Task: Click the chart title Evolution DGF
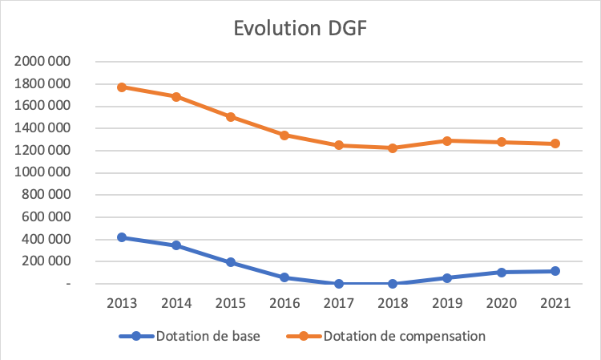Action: (300, 28)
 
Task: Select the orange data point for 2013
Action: (122, 87)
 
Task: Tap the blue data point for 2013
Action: (122, 237)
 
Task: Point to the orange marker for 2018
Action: (393, 148)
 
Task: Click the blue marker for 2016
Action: (284, 277)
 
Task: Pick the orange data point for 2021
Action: (555, 144)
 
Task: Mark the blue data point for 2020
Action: (501, 273)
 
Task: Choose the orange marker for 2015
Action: (230, 117)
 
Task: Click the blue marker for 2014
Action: (176, 245)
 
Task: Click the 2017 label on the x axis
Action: (338, 303)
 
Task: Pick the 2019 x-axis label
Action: (446, 303)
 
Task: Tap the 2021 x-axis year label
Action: (555, 303)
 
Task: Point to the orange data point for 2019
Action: (446, 140)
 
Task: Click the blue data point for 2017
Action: (338, 283)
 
